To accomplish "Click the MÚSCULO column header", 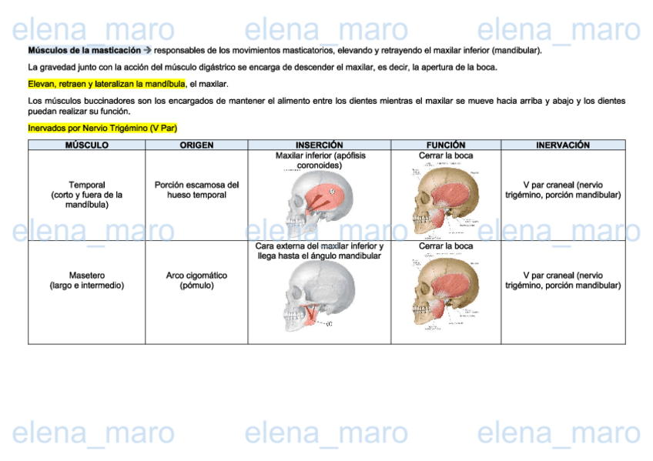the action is [x=86, y=145].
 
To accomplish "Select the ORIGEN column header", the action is [x=196, y=145].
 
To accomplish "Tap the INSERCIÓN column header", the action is [x=319, y=145].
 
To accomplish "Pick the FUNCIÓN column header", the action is [x=446, y=145].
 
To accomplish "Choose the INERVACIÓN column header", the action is [x=563, y=145].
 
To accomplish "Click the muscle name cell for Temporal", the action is [x=86, y=195].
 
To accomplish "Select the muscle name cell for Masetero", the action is [x=86, y=280].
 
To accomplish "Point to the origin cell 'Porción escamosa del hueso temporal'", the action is [x=196, y=190].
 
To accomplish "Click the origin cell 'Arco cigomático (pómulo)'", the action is [x=196, y=280].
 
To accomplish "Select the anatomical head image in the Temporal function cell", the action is [x=445, y=199].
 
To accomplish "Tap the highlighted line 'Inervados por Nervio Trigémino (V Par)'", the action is [x=102, y=128].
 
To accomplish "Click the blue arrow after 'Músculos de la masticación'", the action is [x=148, y=50].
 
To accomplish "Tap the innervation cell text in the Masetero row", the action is [x=563, y=280].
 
